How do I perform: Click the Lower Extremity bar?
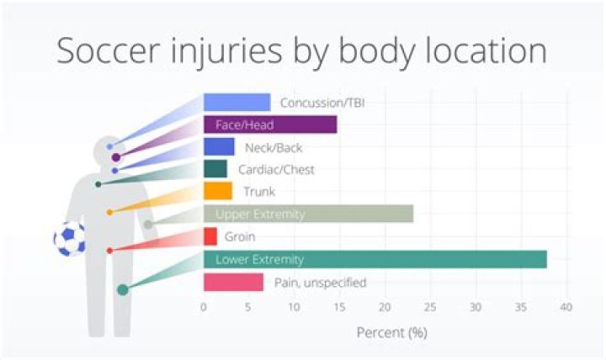coord(375,259)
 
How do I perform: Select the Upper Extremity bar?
coord(308,214)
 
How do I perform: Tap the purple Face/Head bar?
coord(269,124)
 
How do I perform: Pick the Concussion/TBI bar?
coord(237,102)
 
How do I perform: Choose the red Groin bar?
coord(210,236)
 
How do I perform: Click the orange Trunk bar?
coord(217,191)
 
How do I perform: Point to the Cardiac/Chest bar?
coord(215,169)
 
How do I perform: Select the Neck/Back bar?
coord(218,146)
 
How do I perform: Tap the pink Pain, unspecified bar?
coord(233,282)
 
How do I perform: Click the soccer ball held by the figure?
coord(69,238)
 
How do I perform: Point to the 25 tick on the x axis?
coord(431,307)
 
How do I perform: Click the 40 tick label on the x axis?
coord(566,307)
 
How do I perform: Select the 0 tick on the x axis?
coord(204,307)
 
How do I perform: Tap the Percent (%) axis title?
coord(392,331)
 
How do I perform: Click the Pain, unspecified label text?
coord(320,283)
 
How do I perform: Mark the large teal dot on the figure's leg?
coord(123,289)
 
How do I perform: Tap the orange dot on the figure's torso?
coord(109,212)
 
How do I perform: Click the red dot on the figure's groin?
coord(109,251)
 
